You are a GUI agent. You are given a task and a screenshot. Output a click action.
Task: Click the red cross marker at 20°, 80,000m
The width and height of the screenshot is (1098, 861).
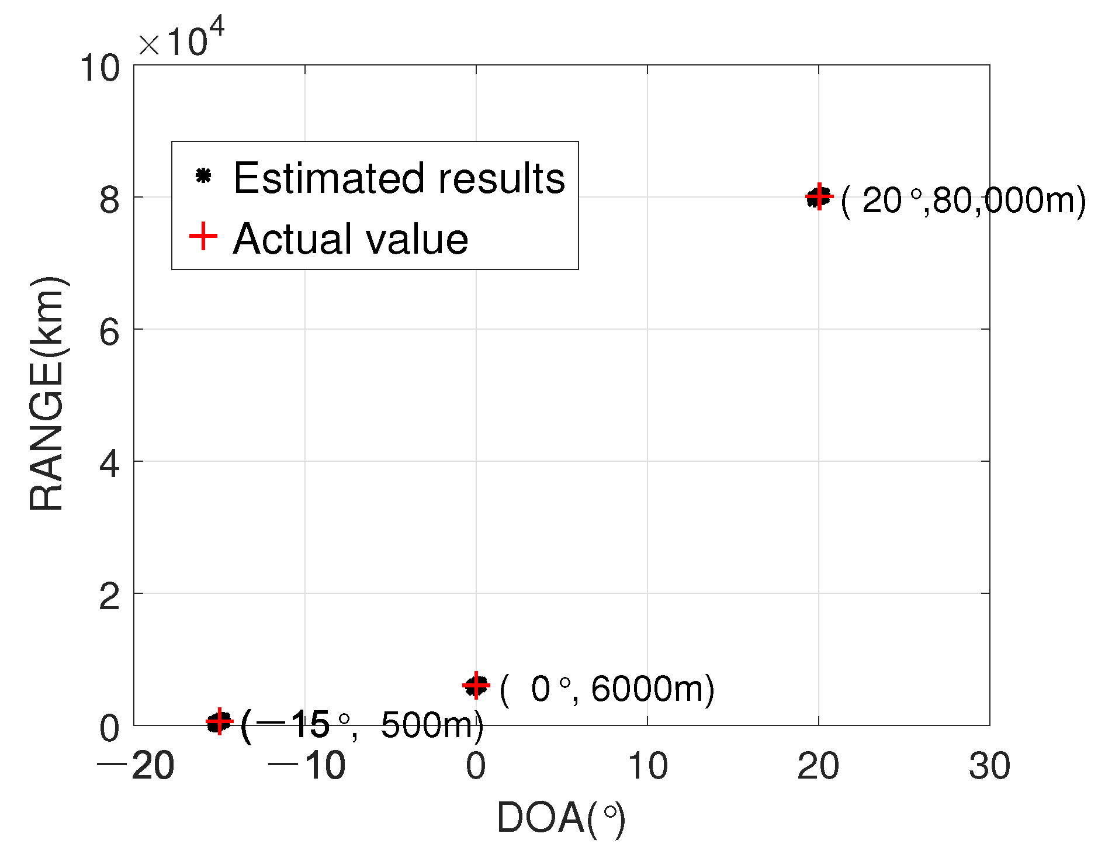point(819,196)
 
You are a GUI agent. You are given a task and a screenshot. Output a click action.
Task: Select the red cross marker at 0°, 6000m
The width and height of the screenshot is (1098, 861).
point(476,685)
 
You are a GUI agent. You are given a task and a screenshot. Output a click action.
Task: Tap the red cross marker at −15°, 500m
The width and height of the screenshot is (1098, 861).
point(219,722)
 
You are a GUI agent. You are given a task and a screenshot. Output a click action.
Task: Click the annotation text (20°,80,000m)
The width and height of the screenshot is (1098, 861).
point(963,200)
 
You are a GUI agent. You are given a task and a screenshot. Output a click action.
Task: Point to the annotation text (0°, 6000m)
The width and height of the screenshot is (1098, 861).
point(607,689)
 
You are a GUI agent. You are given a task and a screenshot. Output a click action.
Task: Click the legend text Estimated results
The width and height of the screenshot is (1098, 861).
point(399,178)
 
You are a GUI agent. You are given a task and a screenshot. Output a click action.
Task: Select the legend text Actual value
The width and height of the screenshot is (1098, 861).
point(351,238)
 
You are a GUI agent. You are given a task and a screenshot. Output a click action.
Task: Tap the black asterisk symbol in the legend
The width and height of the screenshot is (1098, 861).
point(203,175)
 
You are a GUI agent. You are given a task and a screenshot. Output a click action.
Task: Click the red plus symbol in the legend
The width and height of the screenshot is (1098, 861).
point(203,236)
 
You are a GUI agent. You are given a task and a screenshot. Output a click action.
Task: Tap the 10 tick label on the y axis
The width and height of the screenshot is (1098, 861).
point(100,68)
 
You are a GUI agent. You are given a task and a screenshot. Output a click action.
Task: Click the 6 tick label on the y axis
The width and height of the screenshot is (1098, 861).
point(109,332)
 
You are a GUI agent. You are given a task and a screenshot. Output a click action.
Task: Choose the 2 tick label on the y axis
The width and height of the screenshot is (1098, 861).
point(109,596)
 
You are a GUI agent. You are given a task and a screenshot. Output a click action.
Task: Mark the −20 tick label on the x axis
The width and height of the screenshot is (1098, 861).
point(135,766)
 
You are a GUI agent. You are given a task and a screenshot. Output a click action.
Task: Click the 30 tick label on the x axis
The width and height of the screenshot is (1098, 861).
point(989,766)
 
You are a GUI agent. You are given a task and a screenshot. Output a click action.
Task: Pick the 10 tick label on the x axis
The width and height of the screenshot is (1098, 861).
point(647,766)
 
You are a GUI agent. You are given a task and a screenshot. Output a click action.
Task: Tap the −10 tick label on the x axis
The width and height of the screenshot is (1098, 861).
point(306,766)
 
